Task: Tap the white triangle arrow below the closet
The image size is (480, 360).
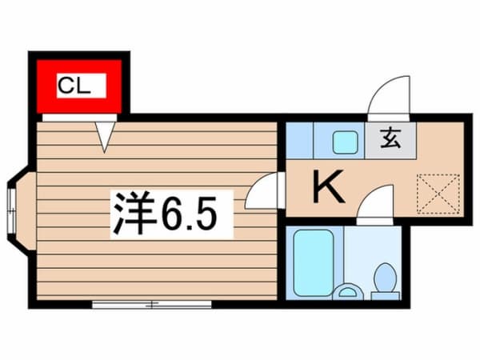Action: (x=105, y=135)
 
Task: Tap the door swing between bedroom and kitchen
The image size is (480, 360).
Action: (x=262, y=193)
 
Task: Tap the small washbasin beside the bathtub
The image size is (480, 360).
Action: (x=347, y=290)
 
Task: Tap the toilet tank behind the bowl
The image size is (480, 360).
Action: (x=386, y=294)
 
